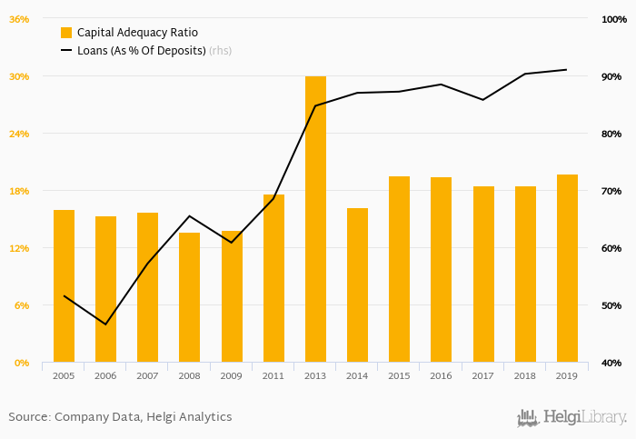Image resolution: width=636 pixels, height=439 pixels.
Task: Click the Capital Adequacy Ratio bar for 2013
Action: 315,219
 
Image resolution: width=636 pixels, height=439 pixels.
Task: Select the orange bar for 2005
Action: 64,286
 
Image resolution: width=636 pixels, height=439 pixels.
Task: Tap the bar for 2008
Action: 189,297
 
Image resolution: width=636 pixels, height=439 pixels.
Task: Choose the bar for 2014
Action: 357,285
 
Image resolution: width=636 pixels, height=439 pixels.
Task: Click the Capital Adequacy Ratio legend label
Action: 138,33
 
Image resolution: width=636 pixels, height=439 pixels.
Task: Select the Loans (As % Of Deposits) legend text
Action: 141,51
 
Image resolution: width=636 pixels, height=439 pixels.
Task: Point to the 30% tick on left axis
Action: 19,76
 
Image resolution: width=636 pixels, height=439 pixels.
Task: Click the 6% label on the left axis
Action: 22,305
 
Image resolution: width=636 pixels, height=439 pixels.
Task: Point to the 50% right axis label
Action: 611,305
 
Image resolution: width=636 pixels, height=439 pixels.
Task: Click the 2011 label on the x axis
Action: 273,375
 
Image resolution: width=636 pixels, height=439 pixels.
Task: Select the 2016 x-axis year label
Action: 441,375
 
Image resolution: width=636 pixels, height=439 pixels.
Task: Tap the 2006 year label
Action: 105,375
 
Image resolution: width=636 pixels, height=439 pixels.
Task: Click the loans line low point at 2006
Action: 105,324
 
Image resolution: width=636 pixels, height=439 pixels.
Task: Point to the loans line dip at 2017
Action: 482,99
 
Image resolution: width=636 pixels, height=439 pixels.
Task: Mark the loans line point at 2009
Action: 232,243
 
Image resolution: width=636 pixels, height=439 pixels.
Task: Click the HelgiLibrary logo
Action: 571,417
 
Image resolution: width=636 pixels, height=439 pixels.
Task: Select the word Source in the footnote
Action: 28,417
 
